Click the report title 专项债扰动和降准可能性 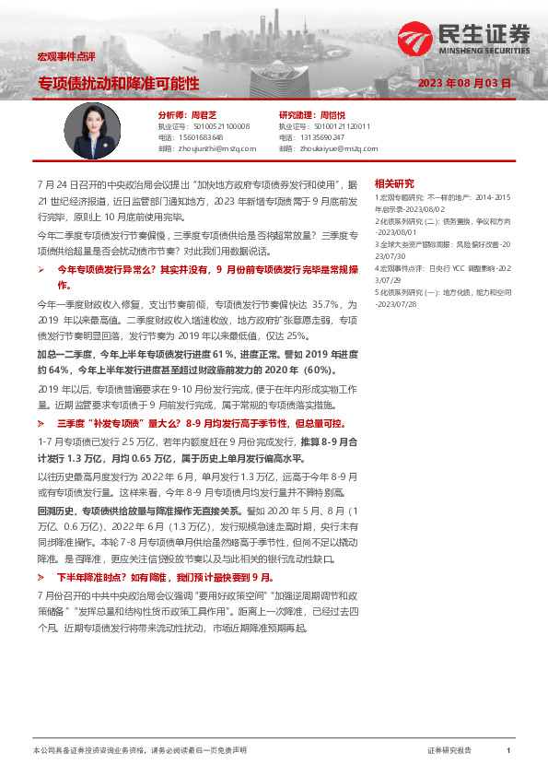pos(118,83)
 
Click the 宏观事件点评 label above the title pos(58,57)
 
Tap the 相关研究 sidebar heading pos(394,182)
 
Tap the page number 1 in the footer pos(507,751)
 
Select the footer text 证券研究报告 pos(450,751)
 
